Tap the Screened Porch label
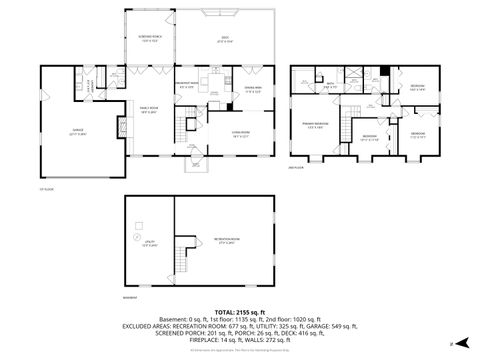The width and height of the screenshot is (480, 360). (x=151, y=41)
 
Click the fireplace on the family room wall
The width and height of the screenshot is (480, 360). (x=122, y=127)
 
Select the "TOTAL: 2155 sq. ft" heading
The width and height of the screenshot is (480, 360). (x=239, y=312)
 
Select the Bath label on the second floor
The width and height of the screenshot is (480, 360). (x=329, y=86)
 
